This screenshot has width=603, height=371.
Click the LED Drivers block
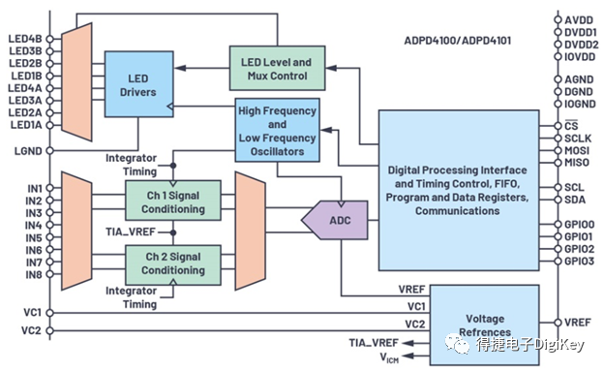click(x=138, y=84)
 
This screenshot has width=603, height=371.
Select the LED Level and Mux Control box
click(x=277, y=69)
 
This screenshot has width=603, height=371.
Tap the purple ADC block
click(x=334, y=220)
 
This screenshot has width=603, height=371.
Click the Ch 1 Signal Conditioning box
click(x=173, y=201)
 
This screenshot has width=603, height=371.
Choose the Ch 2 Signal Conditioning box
click(x=173, y=265)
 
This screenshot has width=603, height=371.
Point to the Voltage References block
click(x=485, y=325)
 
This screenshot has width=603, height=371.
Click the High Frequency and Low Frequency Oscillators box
click(x=277, y=130)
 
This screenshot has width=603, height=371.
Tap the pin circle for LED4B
click(x=49, y=39)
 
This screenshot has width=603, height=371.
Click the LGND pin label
click(x=28, y=151)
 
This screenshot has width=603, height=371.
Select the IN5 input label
click(x=34, y=238)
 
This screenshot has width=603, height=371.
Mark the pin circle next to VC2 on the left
click(x=49, y=330)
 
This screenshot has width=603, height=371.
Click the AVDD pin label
click(x=579, y=20)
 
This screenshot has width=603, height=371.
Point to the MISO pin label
click(x=577, y=163)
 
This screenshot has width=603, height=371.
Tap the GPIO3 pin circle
click(x=558, y=262)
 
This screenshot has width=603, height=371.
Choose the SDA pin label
click(x=575, y=200)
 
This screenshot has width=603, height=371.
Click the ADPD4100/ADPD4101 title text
click(x=458, y=41)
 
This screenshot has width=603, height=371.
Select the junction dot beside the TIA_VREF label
click(x=173, y=232)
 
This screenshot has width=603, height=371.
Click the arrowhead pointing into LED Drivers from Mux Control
click(x=180, y=68)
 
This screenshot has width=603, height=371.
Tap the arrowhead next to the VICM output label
click(x=408, y=356)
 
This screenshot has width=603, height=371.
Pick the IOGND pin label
click(x=580, y=104)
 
